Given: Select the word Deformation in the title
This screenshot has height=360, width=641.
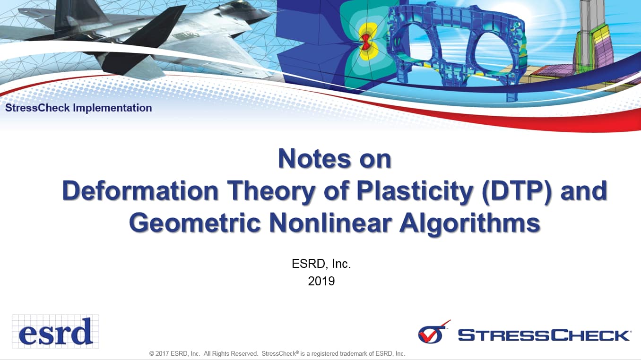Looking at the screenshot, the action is pyautogui.click(x=140, y=191).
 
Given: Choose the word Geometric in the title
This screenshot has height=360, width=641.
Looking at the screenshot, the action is pyautogui.click(x=195, y=223).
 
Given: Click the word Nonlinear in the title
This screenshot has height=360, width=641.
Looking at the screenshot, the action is pyautogui.click(x=330, y=223).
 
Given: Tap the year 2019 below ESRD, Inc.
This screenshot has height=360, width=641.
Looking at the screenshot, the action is pyautogui.click(x=321, y=281).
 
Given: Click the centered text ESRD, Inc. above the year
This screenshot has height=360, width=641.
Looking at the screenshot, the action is pyautogui.click(x=321, y=264).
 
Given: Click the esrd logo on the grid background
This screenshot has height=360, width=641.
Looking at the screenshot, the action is pyautogui.click(x=55, y=331).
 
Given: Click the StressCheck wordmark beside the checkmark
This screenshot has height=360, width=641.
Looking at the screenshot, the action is pyautogui.click(x=544, y=335).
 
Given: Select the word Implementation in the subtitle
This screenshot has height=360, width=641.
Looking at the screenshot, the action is pyautogui.click(x=112, y=108).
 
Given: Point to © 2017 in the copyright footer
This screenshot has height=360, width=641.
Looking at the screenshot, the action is pyautogui.click(x=159, y=354).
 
